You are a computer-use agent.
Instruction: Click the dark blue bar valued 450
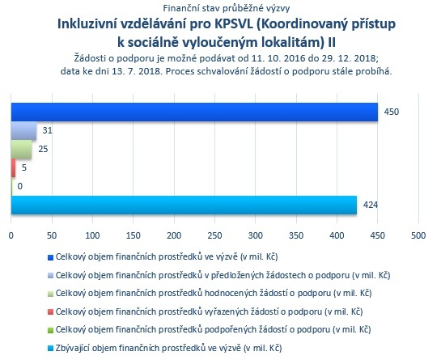pos(194,112)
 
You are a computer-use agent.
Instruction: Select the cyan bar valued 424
pos(184,205)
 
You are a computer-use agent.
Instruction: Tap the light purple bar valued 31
pos(24,131)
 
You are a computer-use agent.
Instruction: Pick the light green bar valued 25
pos(21,150)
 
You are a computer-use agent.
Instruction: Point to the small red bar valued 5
pos(13,168)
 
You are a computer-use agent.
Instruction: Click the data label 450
pos(392,112)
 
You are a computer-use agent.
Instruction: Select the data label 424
pos(371,205)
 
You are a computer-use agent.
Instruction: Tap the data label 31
pos(47,130)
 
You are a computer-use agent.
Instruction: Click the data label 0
pos(19,186)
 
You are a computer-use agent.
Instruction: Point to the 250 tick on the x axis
pos(215,235)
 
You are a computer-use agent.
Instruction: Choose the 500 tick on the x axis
pos(418,235)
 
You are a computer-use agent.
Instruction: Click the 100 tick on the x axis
pos(92,235)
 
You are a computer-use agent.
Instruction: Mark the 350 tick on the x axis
pos(296,235)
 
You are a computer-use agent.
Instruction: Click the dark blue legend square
pos(51,257)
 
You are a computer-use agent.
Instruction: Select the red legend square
pos(51,312)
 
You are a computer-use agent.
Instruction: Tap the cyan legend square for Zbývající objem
pos(51,349)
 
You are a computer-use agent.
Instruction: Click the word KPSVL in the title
pos(234,24)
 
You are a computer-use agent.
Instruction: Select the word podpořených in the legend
pos(231,329)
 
